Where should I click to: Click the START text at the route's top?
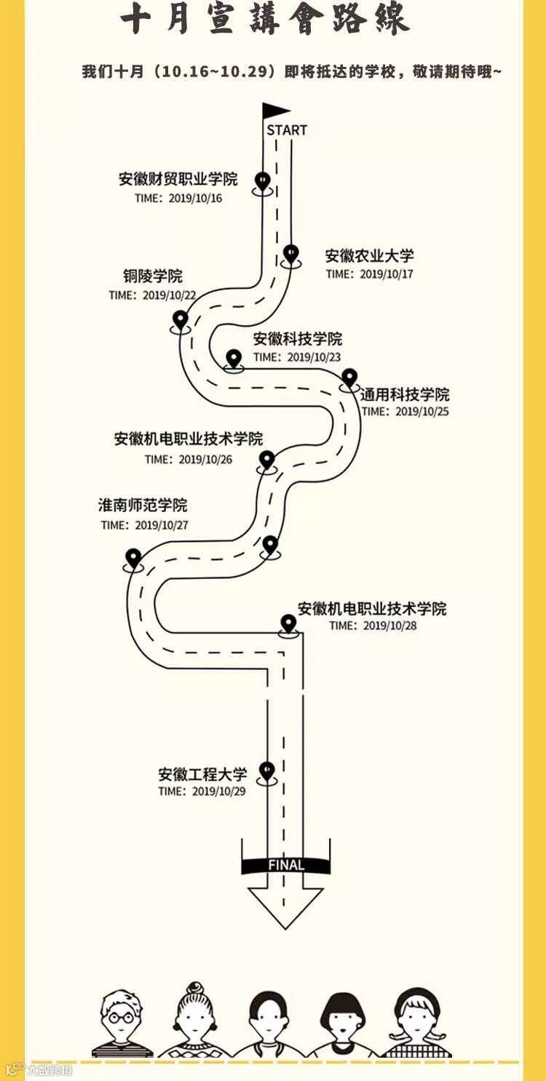click(x=287, y=130)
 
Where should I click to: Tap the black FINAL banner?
click(x=285, y=865)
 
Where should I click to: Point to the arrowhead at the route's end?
click(x=285, y=906)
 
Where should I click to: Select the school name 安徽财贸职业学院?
click(x=178, y=180)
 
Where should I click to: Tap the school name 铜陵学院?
click(x=153, y=276)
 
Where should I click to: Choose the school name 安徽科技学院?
click(x=298, y=339)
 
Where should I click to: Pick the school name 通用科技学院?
click(x=405, y=394)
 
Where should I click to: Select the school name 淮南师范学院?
click(x=143, y=506)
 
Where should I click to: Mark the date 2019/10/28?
click(x=390, y=626)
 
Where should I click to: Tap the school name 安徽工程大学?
click(x=203, y=774)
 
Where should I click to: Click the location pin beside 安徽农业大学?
click(x=291, y=254)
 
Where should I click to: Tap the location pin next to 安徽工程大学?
click(x=267, y=770)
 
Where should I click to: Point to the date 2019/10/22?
click(x=170, y=295)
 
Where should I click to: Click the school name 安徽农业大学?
click(x=370, y=256)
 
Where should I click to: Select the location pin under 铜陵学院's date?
click(x=181, y=319)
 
